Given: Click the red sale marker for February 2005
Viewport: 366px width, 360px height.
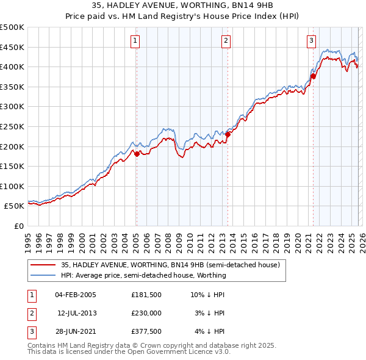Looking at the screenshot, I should [137, 154].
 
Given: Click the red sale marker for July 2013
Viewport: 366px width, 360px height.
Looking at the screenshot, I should [228, 134].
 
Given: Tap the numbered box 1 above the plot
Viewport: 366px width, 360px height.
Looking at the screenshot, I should [134, 41].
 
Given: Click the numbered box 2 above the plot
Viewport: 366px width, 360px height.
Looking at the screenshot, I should [226, 41].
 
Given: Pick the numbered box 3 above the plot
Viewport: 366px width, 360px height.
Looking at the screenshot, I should [311, 41].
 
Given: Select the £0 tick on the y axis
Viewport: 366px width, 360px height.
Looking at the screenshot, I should [18, 226].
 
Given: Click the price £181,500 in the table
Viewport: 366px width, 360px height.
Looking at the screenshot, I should [145, 295].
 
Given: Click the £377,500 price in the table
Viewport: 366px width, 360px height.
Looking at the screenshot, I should [145, 331].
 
